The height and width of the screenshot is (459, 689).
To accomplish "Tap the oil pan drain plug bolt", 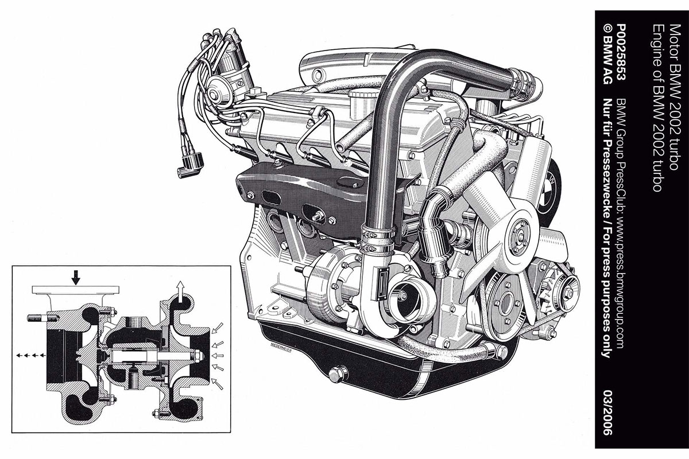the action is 338,374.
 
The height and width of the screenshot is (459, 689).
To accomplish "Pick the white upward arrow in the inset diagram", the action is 181,289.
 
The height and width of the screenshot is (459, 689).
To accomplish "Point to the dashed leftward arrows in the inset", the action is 31,355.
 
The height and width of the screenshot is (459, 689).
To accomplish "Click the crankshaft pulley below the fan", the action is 505,304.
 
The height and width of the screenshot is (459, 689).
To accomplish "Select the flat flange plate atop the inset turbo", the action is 76,290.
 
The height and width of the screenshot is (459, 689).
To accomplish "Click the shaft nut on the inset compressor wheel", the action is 198,356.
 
